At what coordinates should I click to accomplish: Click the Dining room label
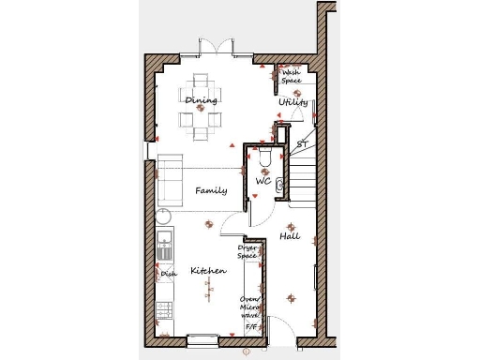pyautogui.click(x=201, y=100)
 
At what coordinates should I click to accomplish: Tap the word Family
pyautogui.click(x=211, y=190)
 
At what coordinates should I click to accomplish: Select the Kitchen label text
pyautogui.click(x=208, y=271)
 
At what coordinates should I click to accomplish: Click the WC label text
pyautogui.click(x=263, y=182)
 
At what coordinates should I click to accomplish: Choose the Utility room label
pyautogui.click(x=292, y=102)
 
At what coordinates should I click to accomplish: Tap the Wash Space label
pyautogui.click(x=292, y=76)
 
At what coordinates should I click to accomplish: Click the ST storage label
pyautogui.click(x=301, y=145)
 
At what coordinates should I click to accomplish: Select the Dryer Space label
pyautogui.click(x=247, y=251)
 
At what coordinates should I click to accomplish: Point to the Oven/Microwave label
pyautogui.click(x=251, y=307)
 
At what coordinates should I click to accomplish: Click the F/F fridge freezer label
pyautogui.click(x=250, y=327)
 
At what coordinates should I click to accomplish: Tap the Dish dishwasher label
pyautogui.click(x=169, y=274)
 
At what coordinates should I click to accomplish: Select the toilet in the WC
pyautogui.click(x=265, y=161)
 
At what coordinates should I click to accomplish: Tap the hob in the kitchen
pyautogui.click(x=165, y=309)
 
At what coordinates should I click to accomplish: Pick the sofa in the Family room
pyautogui.click(x=169, y=180)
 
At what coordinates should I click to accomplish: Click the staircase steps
pyautogui.click(x=301, y=178)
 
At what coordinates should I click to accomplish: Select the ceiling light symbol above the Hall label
pyautogui.click(x=291, y=227)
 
